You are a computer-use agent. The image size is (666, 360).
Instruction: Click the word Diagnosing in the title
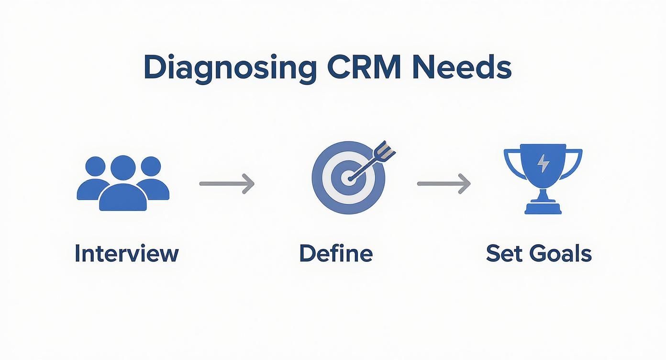click(x=230, y=68)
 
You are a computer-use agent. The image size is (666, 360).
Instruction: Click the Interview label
click(x=126, y=253)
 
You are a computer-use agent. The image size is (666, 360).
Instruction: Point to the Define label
click(x=335, y=253)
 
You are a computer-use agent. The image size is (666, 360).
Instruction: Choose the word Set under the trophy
click(x=504, y=253)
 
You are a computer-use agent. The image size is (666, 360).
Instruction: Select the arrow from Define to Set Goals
click(x=444, y=183)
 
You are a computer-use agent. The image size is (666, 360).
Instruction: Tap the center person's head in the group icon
click(x=123, y=168)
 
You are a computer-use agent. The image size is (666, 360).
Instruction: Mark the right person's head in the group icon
click(x=151, y=166)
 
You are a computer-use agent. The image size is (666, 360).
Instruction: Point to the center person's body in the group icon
click(x=123, y=198)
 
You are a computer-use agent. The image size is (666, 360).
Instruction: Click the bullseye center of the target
click(x=348, y=178)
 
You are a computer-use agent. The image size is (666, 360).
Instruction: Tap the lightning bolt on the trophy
click(x=543, y=164)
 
